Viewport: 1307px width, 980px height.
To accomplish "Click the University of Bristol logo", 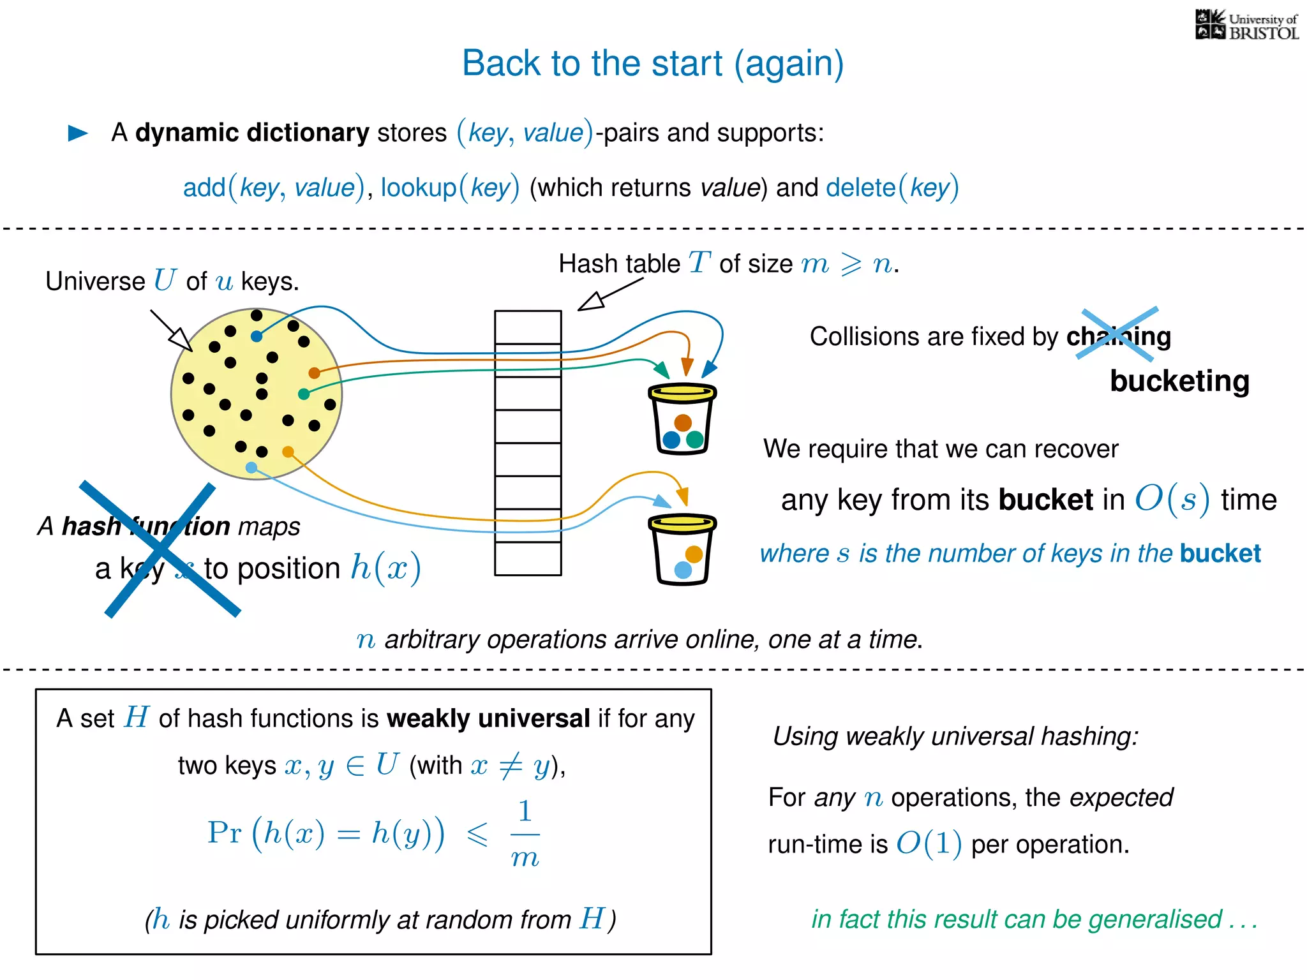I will tap(1246, 26).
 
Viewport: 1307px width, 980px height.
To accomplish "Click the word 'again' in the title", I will tap(789, 64).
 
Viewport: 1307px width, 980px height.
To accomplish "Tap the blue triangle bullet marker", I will tap(77, 133).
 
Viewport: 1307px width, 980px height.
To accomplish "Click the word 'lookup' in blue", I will tap(419, 188).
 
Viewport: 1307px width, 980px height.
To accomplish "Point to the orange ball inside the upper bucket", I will tap(683, 422).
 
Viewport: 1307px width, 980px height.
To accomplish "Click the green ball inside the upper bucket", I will tap(695, 440).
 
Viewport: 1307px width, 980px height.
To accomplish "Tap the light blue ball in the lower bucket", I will tap(683, 570).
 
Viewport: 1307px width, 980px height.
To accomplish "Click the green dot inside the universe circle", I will tap(304, 394).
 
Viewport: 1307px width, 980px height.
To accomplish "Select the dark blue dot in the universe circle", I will tap(257, 336).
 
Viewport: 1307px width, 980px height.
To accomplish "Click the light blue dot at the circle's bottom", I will tap(251, 468).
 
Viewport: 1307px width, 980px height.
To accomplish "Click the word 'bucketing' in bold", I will tap(1179, 382).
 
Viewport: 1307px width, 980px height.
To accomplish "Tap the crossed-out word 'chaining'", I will tap(1119, 336).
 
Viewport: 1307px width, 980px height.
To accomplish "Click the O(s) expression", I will tap(1172, 500).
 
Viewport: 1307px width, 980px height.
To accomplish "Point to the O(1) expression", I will tap(929, 844).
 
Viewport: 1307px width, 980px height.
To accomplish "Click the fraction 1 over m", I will tap(525, 835).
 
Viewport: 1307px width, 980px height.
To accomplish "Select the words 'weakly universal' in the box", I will tap(488, 719).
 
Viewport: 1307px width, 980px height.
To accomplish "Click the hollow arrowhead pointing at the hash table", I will tap(590, 302).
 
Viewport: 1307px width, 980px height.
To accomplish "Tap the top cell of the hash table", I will tap(528, 327).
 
